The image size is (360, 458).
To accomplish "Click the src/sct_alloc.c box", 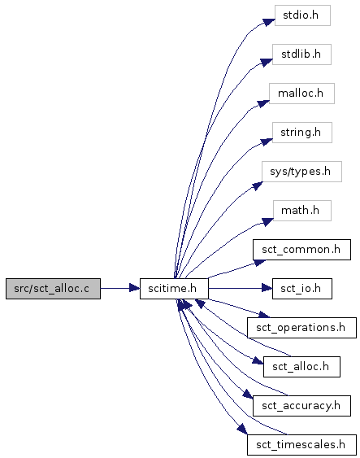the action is coord(53,289).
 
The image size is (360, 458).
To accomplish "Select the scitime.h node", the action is coord(174,289).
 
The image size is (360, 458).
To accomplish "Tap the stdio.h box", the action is coord(302,15).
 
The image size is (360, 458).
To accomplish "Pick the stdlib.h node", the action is coord(301,55).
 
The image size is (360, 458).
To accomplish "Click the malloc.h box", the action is coord(301,94).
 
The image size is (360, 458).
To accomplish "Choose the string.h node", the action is coord(302,133).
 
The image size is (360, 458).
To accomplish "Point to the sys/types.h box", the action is coord(301,172).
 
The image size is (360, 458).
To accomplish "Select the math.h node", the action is coord(302,211).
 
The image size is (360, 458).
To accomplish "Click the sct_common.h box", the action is coord(301,250).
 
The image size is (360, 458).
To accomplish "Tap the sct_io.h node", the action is coord(302,289).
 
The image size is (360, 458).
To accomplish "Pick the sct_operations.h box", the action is coord(301,328).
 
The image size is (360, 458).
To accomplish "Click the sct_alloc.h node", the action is coord(301,367).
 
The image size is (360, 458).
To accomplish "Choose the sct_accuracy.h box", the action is coord(301,406).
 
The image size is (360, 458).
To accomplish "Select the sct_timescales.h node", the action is coord(301,445).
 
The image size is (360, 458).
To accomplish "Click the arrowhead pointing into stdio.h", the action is coord(269,22).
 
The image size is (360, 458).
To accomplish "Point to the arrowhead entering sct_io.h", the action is coord(267,289).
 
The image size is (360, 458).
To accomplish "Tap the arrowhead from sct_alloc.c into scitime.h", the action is coord(134,289).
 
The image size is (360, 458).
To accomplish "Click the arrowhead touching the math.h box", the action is coord(267,222).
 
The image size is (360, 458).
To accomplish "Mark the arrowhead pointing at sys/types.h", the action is coord(258,185).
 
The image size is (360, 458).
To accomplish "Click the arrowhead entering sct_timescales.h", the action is coord(242,429).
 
